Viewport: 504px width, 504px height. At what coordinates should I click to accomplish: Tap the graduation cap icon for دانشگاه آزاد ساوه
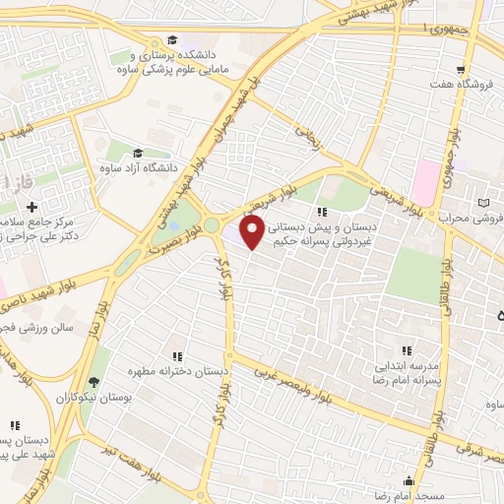tap(137, 154)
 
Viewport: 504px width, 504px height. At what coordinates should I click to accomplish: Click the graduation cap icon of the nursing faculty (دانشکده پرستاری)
tap(172, 40)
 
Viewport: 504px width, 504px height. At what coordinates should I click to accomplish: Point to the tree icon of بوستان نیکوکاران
tap(94, 382)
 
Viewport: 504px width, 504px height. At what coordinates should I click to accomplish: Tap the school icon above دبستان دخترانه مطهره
tap(177, 356)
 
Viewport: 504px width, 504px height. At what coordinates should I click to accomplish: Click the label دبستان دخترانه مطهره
tap(178, 373)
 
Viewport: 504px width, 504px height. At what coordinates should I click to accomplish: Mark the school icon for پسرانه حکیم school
tap(321, 211)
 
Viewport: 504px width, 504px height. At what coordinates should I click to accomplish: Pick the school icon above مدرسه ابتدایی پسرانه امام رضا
tap(405, 349)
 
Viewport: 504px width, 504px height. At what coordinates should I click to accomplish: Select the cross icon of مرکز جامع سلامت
tap(32, 208)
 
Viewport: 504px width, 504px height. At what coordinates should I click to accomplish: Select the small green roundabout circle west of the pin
tap(212, 225)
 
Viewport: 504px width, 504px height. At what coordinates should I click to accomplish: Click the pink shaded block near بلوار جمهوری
tap(425, 182)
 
